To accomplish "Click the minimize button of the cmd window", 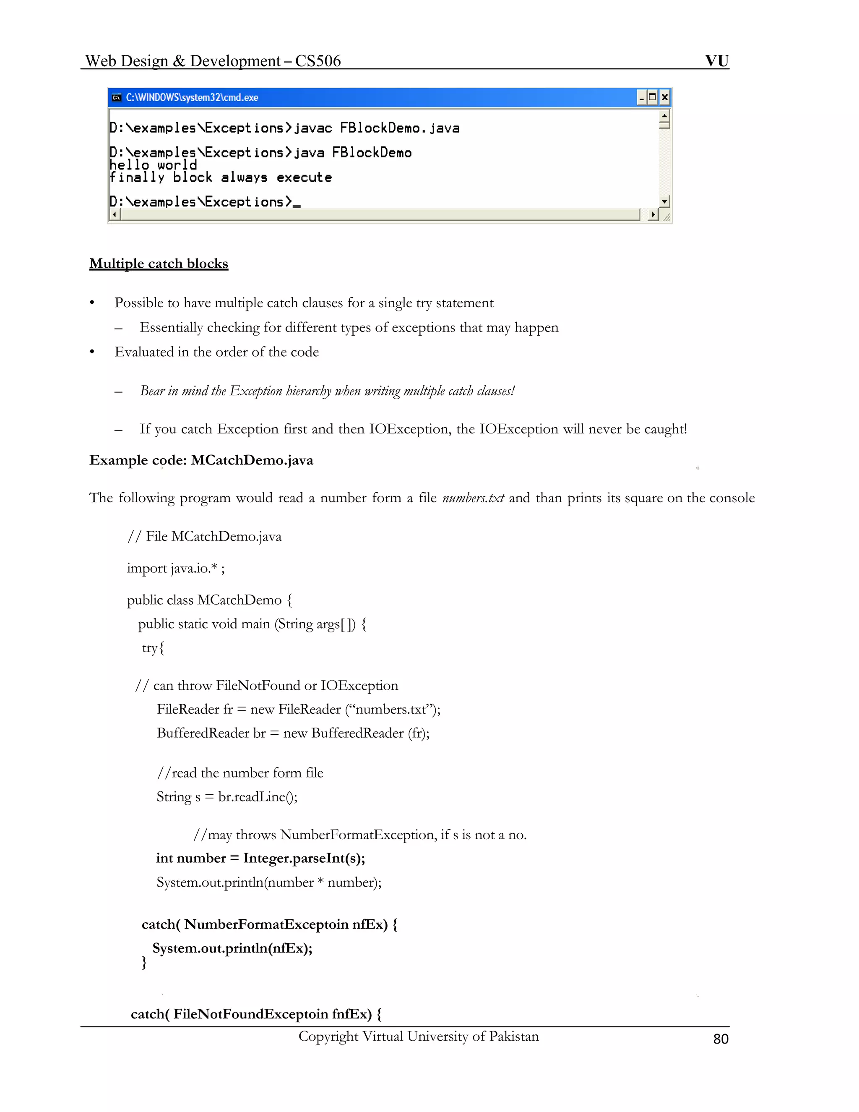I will click(x=642, y=97).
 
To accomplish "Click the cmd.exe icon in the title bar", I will click(x=117, y=98).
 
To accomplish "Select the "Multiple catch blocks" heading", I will click(x=159, y=264).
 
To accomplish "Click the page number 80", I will click(x=721, y=1039).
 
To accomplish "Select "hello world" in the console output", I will click(x=153, y=165).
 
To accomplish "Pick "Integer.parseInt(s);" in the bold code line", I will click(x=304, y=858).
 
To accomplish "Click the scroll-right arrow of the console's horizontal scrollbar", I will click(x=653, y=215).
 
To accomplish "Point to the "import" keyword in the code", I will click(x=146, y=568).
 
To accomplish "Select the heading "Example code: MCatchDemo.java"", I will click(x=201, y=460).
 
